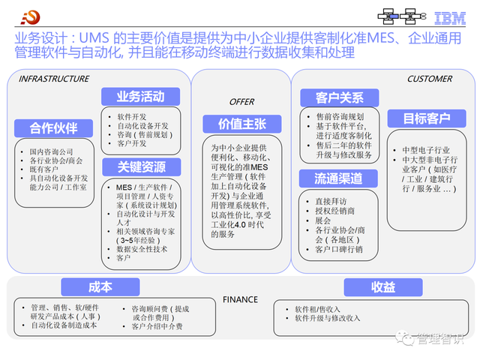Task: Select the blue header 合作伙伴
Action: pyautogui.click(x=53, y=127)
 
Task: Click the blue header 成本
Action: pyautogui.click(x=100, y=287)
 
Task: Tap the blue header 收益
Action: pyautogui.click(x=382, y=287)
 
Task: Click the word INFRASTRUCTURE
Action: pyautogui.click(x=53, y=79)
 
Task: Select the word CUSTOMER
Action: pyautogui.click(x=429, y=79)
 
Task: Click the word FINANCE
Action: pyautogui.click(x=240, y=300)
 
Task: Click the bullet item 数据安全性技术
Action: pyautogui.click(x=142, y=248)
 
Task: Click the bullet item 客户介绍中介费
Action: pyautogui.click(x=157, y=326)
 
